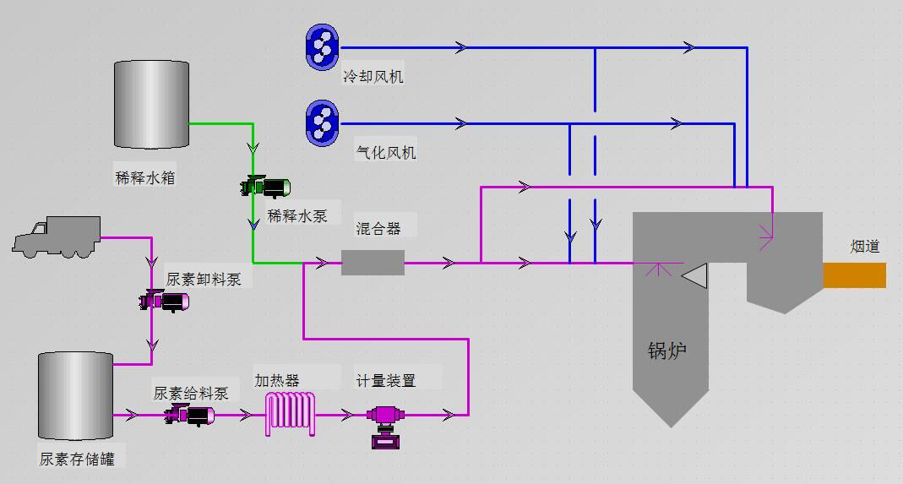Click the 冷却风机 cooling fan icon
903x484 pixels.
(x=322, y=46)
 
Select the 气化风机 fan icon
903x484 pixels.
(x=322, y=123)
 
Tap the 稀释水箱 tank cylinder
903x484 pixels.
(x=151, y=104)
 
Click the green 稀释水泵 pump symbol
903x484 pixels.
(x=266, y=186)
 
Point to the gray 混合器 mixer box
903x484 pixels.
(x=373, y=263)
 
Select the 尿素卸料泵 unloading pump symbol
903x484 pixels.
(x=165, y=301)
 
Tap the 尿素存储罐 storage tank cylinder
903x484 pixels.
(x=75, y=396)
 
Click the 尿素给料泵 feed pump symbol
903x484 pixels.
(x=189, y=414)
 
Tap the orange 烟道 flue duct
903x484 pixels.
(x=854, y=275)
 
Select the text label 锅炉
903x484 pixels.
(x=666, y=350)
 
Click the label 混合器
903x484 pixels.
(x=378, y=228)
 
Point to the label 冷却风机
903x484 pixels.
(x=373, y=77)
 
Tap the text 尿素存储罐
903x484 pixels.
(x=77, y=460)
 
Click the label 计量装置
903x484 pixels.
(x=386, y=380)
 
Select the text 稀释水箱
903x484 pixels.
(x=145, y=178)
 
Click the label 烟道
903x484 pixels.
(x=865, y=247)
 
